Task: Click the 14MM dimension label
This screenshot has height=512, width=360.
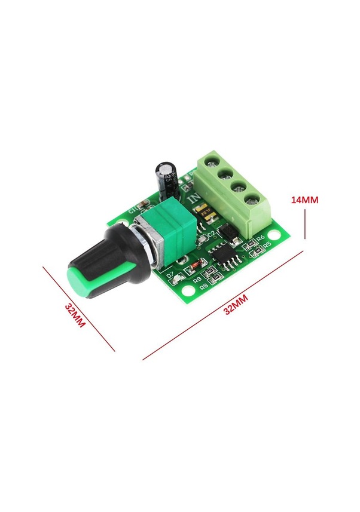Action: coord(304,200)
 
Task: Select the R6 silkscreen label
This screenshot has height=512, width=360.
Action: coord(260,239)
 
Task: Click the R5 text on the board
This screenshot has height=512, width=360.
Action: coord(267,245)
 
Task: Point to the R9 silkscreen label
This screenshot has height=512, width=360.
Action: coord(196,280)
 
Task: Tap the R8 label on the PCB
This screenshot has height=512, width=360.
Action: coord(203,287)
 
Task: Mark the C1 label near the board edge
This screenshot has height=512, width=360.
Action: coord(132,210)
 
